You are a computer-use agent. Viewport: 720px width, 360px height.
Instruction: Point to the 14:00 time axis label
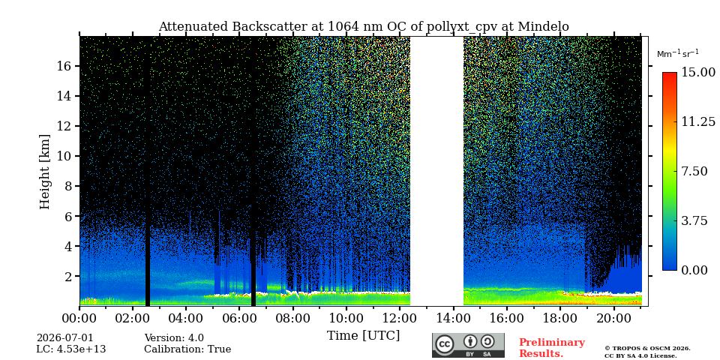point(453,318)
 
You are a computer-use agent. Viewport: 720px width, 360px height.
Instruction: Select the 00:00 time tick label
point(80,318)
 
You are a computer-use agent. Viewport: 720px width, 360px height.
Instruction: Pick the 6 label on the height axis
point(70,216)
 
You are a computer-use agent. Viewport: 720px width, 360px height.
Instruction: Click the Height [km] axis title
point(44,172)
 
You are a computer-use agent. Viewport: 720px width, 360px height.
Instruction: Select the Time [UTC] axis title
point(363,336)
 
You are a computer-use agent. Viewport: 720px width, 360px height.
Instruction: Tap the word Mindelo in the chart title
point(543,27)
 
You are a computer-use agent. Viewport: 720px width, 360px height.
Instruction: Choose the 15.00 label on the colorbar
point(698,73)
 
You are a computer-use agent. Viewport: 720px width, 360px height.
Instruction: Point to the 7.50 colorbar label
point(694,171)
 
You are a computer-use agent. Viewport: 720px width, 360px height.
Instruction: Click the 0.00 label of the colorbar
point(694,271)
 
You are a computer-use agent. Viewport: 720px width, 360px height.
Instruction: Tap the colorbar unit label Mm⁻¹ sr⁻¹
point(678,54)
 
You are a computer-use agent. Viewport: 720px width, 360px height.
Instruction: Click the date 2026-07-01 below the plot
point(64,338)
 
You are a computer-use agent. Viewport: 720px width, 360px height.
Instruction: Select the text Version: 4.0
point(174,338)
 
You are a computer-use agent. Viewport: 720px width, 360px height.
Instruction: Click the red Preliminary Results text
point(552,348)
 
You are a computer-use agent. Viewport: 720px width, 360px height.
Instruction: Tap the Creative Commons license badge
point(468,345)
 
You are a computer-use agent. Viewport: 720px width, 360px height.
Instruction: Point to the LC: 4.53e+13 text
point(71,349)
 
